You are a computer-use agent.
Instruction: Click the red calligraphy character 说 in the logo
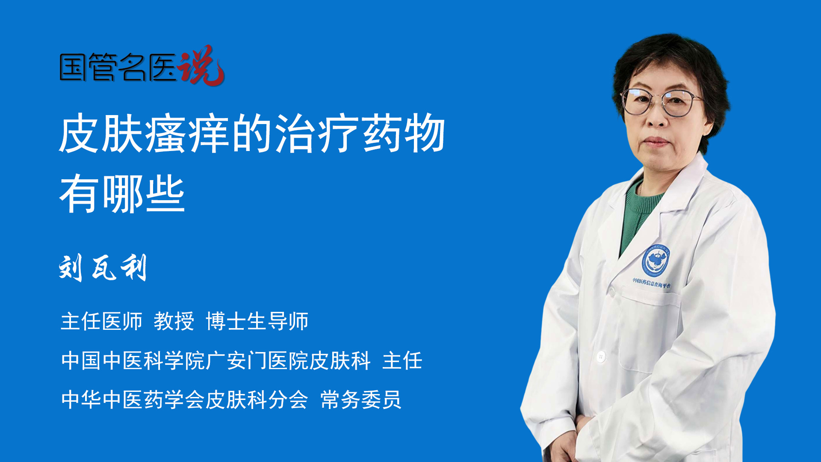coord(201,66)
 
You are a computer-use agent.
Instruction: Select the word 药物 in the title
coord(404,134)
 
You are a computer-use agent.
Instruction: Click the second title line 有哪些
coord(122,195)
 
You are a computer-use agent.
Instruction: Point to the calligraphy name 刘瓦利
coord(103,268)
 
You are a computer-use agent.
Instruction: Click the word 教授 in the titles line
coord(174,321)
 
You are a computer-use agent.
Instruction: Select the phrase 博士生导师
coord(257,321)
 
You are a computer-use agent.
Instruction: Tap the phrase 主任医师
coord(101,321)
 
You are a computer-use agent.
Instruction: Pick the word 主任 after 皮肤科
coord(402,361)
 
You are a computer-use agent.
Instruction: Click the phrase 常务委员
coord(360,400)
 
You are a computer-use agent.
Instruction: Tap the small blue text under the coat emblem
coord(652,283)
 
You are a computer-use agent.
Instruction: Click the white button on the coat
coord(601,356)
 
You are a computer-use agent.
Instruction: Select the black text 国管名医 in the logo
coord(118,68)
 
